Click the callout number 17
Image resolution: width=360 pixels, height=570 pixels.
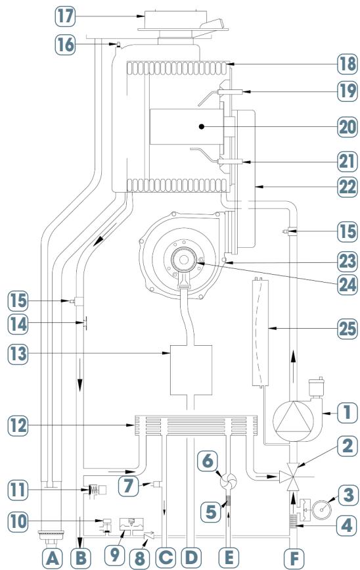pos(66,16)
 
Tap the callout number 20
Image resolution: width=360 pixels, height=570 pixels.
pos(348,127)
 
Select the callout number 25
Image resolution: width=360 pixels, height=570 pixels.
pos(348,329)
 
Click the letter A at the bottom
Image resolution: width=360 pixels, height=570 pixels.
pos(53,558)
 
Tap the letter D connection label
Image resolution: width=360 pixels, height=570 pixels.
pos(191,558)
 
